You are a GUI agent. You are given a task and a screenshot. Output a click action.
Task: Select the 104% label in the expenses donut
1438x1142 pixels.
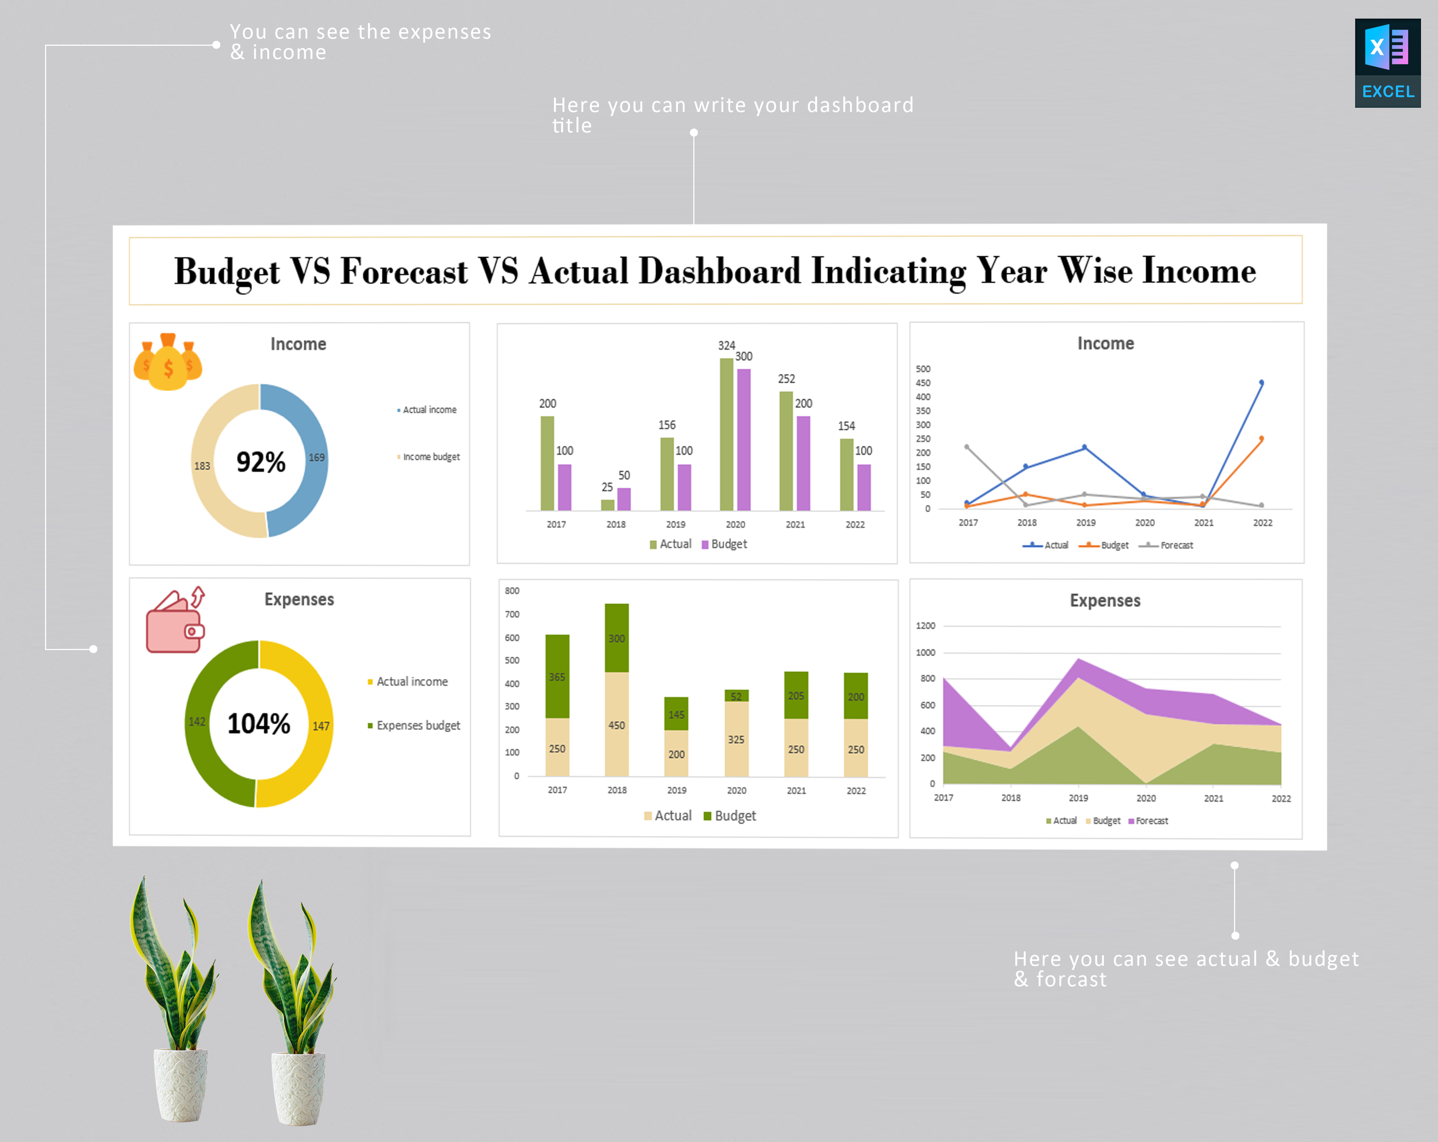point(259,723)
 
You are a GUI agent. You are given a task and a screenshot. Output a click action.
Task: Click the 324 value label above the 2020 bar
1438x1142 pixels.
point(726,345)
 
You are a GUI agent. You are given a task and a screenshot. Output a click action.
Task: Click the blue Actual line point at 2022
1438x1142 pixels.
point(1261,383)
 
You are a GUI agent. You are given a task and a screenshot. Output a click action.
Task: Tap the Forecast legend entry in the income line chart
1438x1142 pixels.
point(1176,545)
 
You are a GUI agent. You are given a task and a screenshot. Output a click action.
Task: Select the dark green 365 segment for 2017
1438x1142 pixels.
point(557,676)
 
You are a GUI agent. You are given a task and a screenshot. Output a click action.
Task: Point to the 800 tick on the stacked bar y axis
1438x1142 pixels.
point(512,591)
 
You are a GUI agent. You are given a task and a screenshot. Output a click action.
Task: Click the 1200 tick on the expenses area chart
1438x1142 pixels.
point(925,625)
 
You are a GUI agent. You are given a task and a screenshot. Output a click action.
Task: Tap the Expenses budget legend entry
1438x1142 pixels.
point(417,725)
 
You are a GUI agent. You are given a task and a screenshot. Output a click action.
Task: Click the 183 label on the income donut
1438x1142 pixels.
point(202,466)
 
